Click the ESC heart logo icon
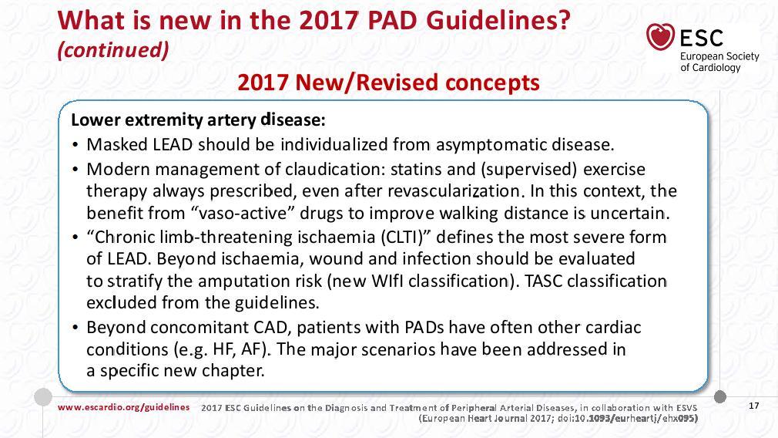(x=660, y=36)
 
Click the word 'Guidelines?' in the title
(x=498, y=21)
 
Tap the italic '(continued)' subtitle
(x=113, y=49)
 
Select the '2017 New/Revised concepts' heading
(x=388, y=82)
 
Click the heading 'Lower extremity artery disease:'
(x=199, y=120)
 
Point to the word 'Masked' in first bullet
(x=117, y=144)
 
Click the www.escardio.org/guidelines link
(x=123, y=407)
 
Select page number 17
(x=753, y=406)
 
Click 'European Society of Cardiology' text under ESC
(x=719, y=62)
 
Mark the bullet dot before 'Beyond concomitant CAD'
(x=75, y=328)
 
